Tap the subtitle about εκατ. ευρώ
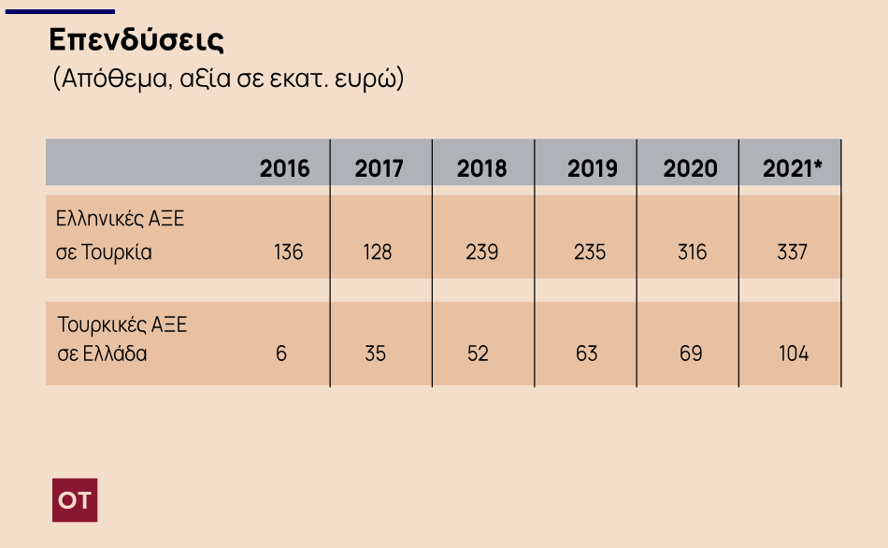[227, 79]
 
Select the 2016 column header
[284, 168]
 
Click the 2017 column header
[379, 168]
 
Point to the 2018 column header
[481, 168]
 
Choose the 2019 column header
[592, 168]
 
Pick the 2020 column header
[690, 168]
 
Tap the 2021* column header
[793, 168]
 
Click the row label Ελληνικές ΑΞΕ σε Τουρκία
[121, 236]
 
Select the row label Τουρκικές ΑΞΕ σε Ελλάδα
[122, 339]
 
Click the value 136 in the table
[288, 252]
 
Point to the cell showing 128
[378, 252]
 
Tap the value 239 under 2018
[481, 252]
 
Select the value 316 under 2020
[692, 252]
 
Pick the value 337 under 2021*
[792, 252]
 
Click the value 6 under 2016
[281, 354]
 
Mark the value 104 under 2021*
[794, 354]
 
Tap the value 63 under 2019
[586, 354]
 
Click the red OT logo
[75, 500]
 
